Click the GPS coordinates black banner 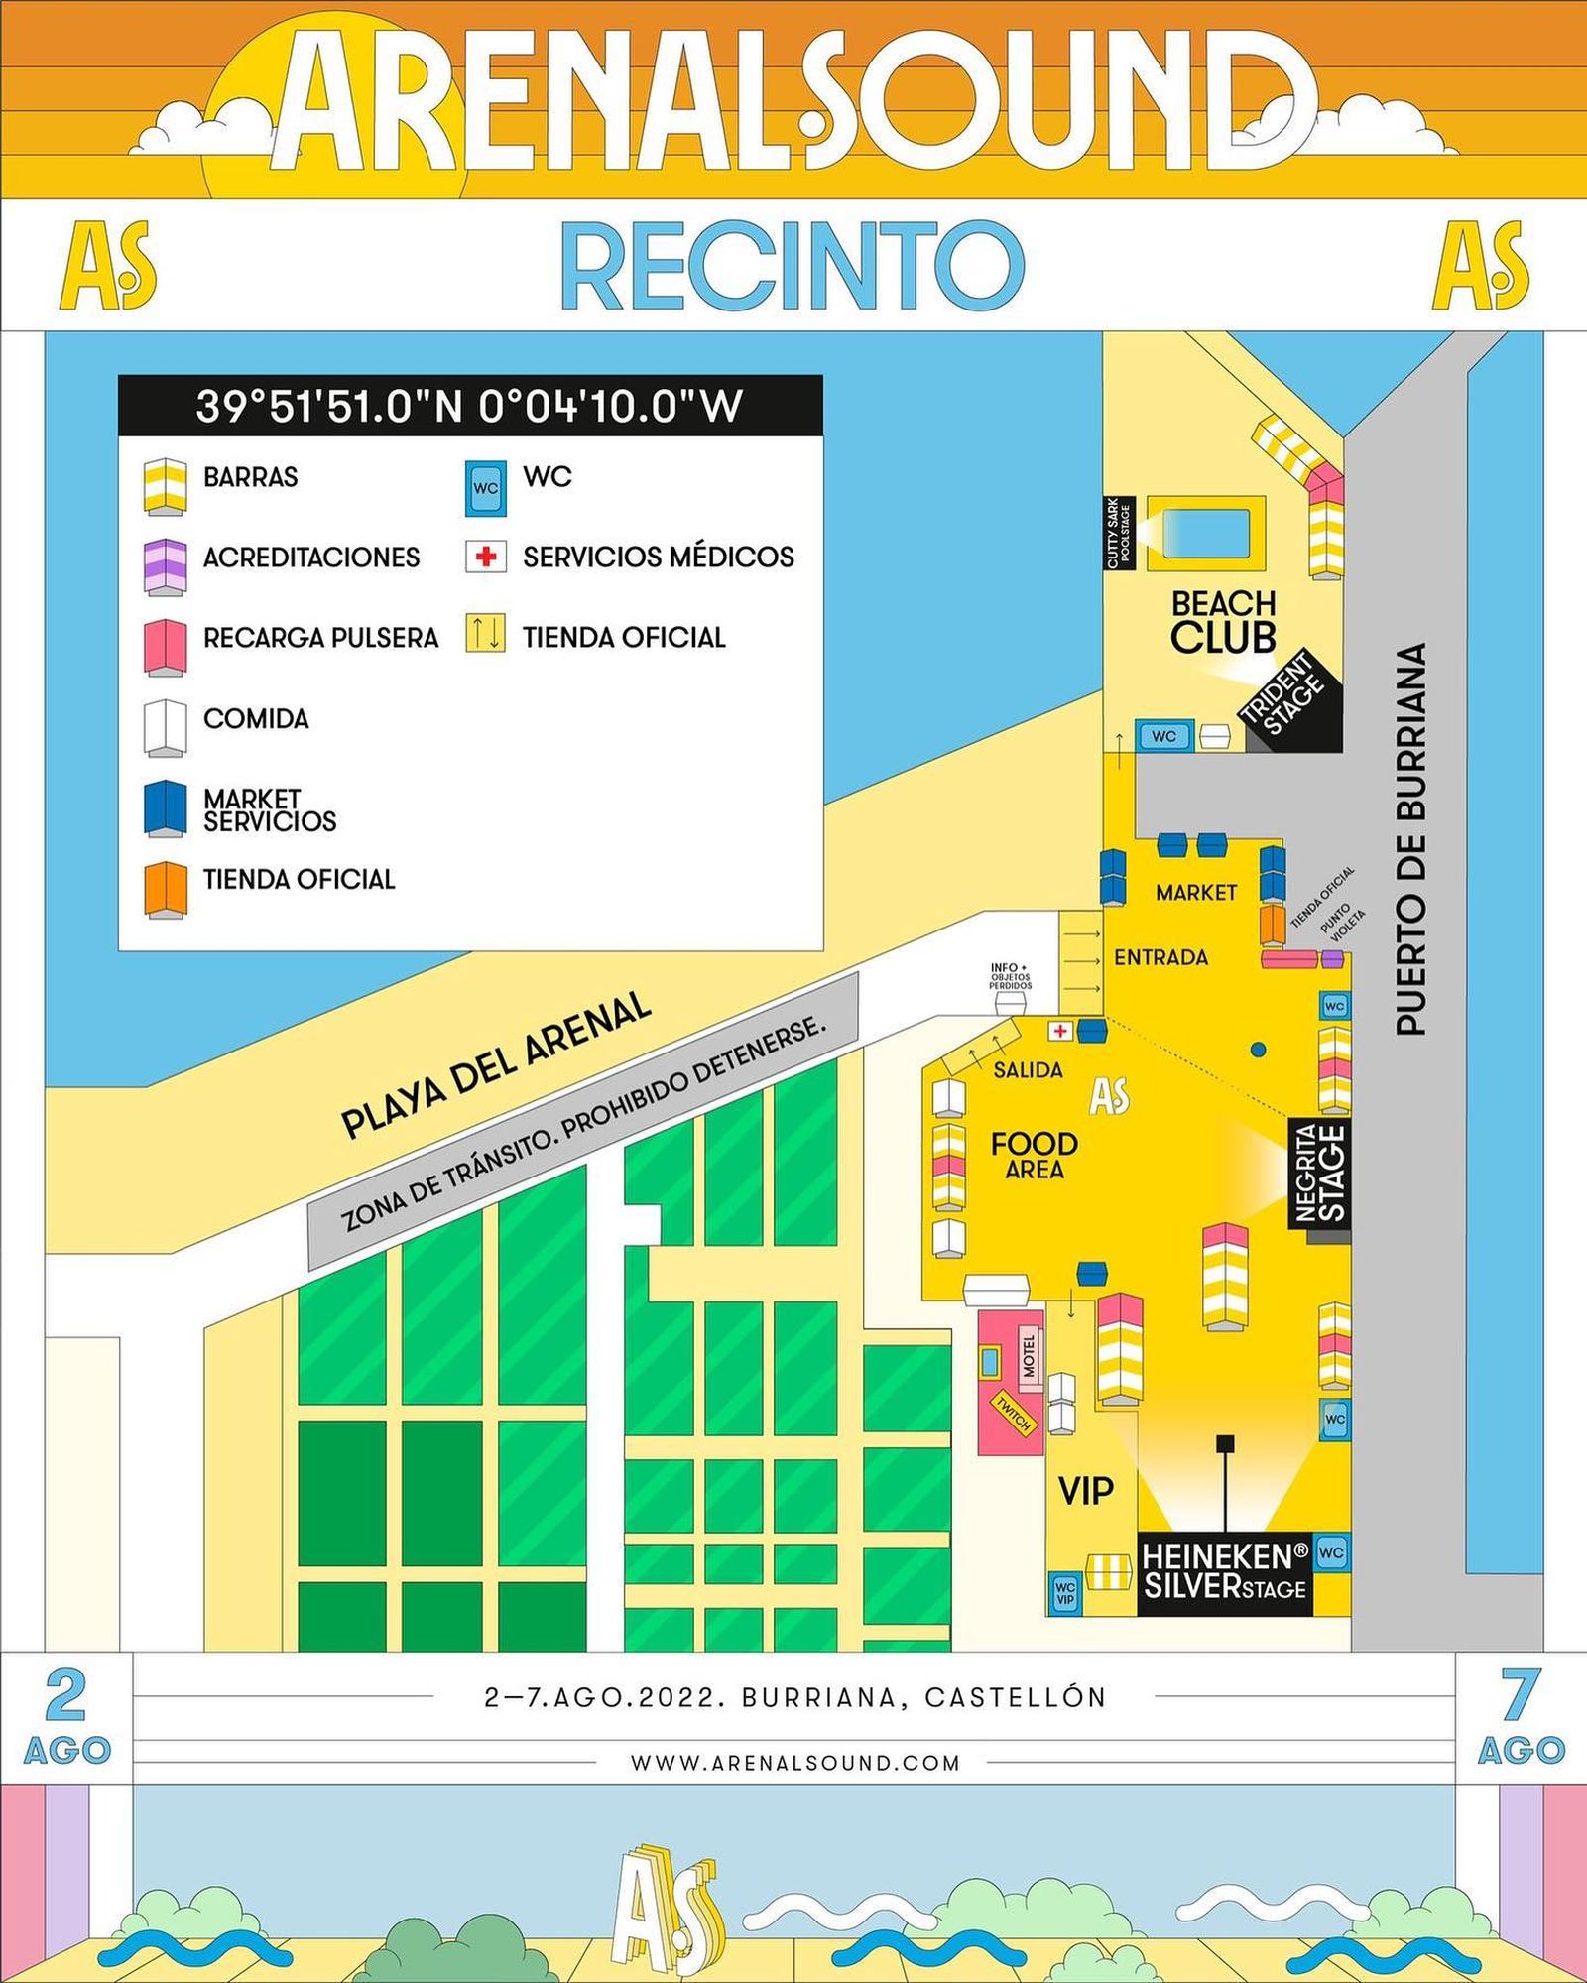click(470, 406)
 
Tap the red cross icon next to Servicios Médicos click(485, 557)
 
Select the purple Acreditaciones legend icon click(165, 566)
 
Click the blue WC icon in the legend click(485, 488)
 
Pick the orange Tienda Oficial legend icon click(165, 888)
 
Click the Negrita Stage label click(1320, 1173)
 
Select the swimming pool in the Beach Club click(1205, 533)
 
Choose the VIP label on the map click(1086, 1490)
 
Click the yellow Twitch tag click(1014, 1414)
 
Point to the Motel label click(1029, 1356)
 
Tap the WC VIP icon click(1064, 1592)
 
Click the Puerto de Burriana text click(1411, 839)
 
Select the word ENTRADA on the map click(1160, 958)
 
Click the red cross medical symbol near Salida click(1060, 1031)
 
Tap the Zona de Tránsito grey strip click(583, 1121)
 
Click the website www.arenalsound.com click(794, 1763)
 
